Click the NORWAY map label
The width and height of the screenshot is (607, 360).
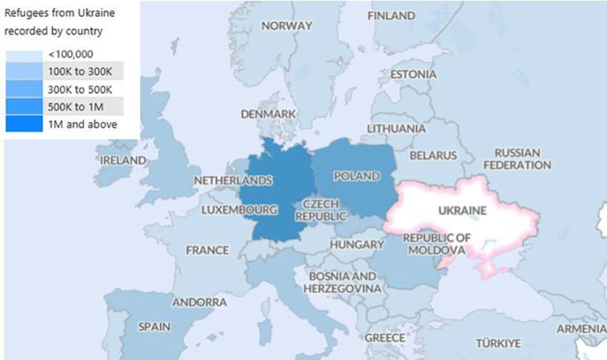pos(287,26)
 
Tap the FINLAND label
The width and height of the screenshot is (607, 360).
pos(392,16)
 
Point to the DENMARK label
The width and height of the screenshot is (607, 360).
pos(268,114)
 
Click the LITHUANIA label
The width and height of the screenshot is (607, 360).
pos(397,128)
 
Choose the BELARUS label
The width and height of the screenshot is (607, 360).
pos(434,156)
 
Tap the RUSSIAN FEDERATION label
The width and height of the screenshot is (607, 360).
pos(517,159)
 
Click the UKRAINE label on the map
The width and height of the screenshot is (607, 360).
pos(463,210)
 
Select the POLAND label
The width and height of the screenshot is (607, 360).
pos(357,176)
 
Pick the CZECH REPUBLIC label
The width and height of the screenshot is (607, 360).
pos(321,210)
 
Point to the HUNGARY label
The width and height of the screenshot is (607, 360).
pos(357,244)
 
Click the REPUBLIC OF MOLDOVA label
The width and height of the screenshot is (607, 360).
pos(437,244)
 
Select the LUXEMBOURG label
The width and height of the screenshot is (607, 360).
pos(239,210)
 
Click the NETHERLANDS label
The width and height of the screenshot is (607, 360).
pos(232,181)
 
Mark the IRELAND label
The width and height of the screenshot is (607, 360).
pos(123,160)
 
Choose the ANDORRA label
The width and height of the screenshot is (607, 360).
pos(199,302)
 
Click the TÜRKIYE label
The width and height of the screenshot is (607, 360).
pos(498,343)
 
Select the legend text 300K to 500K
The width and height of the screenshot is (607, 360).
pos(80,89)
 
